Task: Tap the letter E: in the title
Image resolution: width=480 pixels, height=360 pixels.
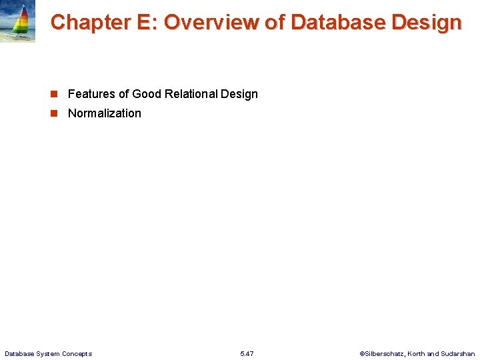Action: (x=146, y=22)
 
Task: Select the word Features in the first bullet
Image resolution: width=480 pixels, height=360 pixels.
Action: (x=91, y=94)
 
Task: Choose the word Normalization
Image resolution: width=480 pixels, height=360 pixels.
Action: (x=105, y=113)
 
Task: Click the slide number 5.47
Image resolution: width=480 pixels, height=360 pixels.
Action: (x=247, y=353)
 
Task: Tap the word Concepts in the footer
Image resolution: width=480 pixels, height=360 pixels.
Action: (x=77, y=353)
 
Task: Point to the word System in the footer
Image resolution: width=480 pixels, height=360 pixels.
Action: (x=48, y=353)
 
